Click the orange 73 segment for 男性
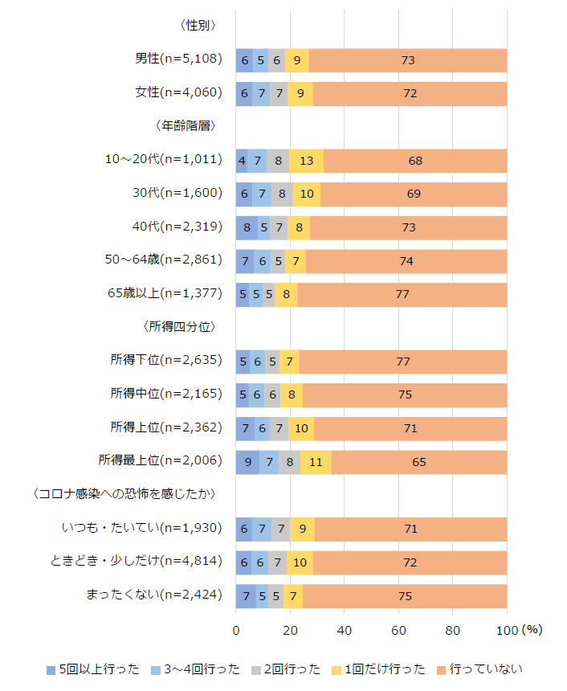pyautogui.click(x=408, y=60)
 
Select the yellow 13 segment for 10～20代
pyautogui.click(x=306, y=161)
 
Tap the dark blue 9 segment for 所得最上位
pyautogui.click(x=247, y=462)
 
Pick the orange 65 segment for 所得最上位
pyautogui.click(x=419, y=462)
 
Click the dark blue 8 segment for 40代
pyautogui.click(x=247, y=227)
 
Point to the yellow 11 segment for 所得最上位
pyautogui.click(x=316, y=462)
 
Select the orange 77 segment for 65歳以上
pyautogui.click(x=402, y=295)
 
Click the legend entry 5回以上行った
pyautogui.click(x=93, y=669)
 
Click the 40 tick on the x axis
pyautogui.click(x=344, y=631)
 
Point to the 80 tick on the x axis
pyautogui.click(x=452, y=631)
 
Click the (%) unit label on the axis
pyautogui.click(x=532, y=631)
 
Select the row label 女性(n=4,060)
pyautogui.click(x=177, y=93)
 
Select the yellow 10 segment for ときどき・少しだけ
pyautogui.click(x=300, y=562)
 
